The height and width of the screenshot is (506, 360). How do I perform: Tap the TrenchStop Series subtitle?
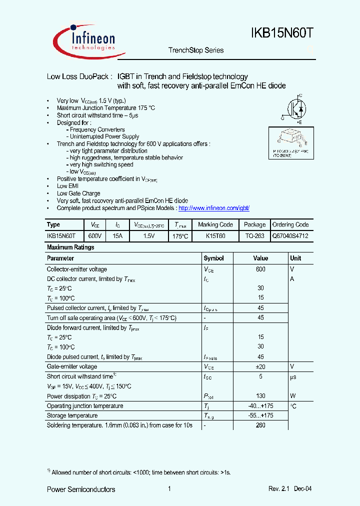pos(196,50)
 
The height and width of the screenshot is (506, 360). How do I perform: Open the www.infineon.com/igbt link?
pos(213,207)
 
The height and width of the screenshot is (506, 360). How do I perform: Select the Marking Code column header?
pos(215,225)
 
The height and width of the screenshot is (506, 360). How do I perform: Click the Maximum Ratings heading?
pos(70,247)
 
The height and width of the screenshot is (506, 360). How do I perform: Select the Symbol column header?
pos(213,258)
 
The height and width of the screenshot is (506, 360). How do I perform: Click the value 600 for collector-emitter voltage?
pos(260,269)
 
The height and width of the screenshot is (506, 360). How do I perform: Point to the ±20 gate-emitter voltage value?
pos(260,367)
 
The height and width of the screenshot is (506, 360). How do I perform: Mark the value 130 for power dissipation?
pos(260,396)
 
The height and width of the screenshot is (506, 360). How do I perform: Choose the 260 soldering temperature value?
pos(260,425)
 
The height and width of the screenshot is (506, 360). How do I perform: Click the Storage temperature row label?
pos(72,415)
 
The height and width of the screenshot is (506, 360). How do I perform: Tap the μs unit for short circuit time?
pos(293,376)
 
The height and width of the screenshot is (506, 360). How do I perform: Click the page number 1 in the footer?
pos(170,489)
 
